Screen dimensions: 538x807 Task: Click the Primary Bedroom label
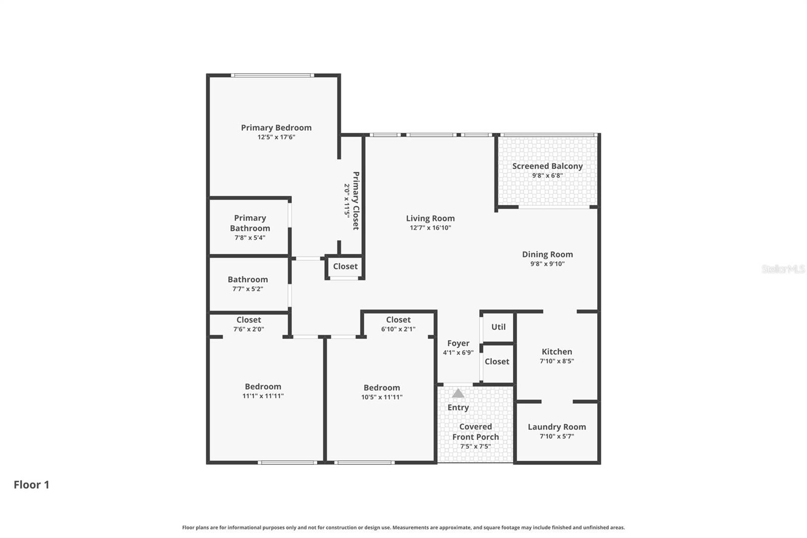click(x=276, y=128)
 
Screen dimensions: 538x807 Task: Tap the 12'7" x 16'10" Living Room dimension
click(x=430, y=228)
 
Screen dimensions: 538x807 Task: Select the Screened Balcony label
click(x=547, y=166)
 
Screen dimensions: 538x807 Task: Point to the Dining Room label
click(x=547, y=254)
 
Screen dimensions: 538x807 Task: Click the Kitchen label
click(x=557, y=352)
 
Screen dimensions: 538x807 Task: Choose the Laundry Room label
click(x=557, y=427)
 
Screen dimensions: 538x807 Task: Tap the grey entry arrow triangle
click(x=458, y=393)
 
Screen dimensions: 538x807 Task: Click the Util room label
click(x=498, y=327)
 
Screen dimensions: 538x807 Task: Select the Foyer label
click(x=458, y=343)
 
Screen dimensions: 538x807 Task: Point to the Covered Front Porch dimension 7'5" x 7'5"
click(x=475, y=447)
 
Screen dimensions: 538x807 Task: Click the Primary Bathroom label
click(x=250, y=223)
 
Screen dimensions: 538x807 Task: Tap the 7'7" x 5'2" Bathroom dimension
click(x=248, y=289)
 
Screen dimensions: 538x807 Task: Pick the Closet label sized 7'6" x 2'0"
click(x=249, y=320)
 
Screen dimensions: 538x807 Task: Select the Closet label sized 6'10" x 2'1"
click(x=398, y=320)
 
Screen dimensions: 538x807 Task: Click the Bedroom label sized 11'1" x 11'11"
click(x=263, y=387)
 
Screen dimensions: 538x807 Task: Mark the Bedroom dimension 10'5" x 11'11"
click(x=382, y=397)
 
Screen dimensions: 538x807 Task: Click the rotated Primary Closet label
click(x=356, y=201)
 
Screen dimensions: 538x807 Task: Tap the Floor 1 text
click(x=31, y=485)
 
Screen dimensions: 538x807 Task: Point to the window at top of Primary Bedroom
click(x=272, y=76)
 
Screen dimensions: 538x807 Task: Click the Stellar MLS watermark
click(x=783, y=269)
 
